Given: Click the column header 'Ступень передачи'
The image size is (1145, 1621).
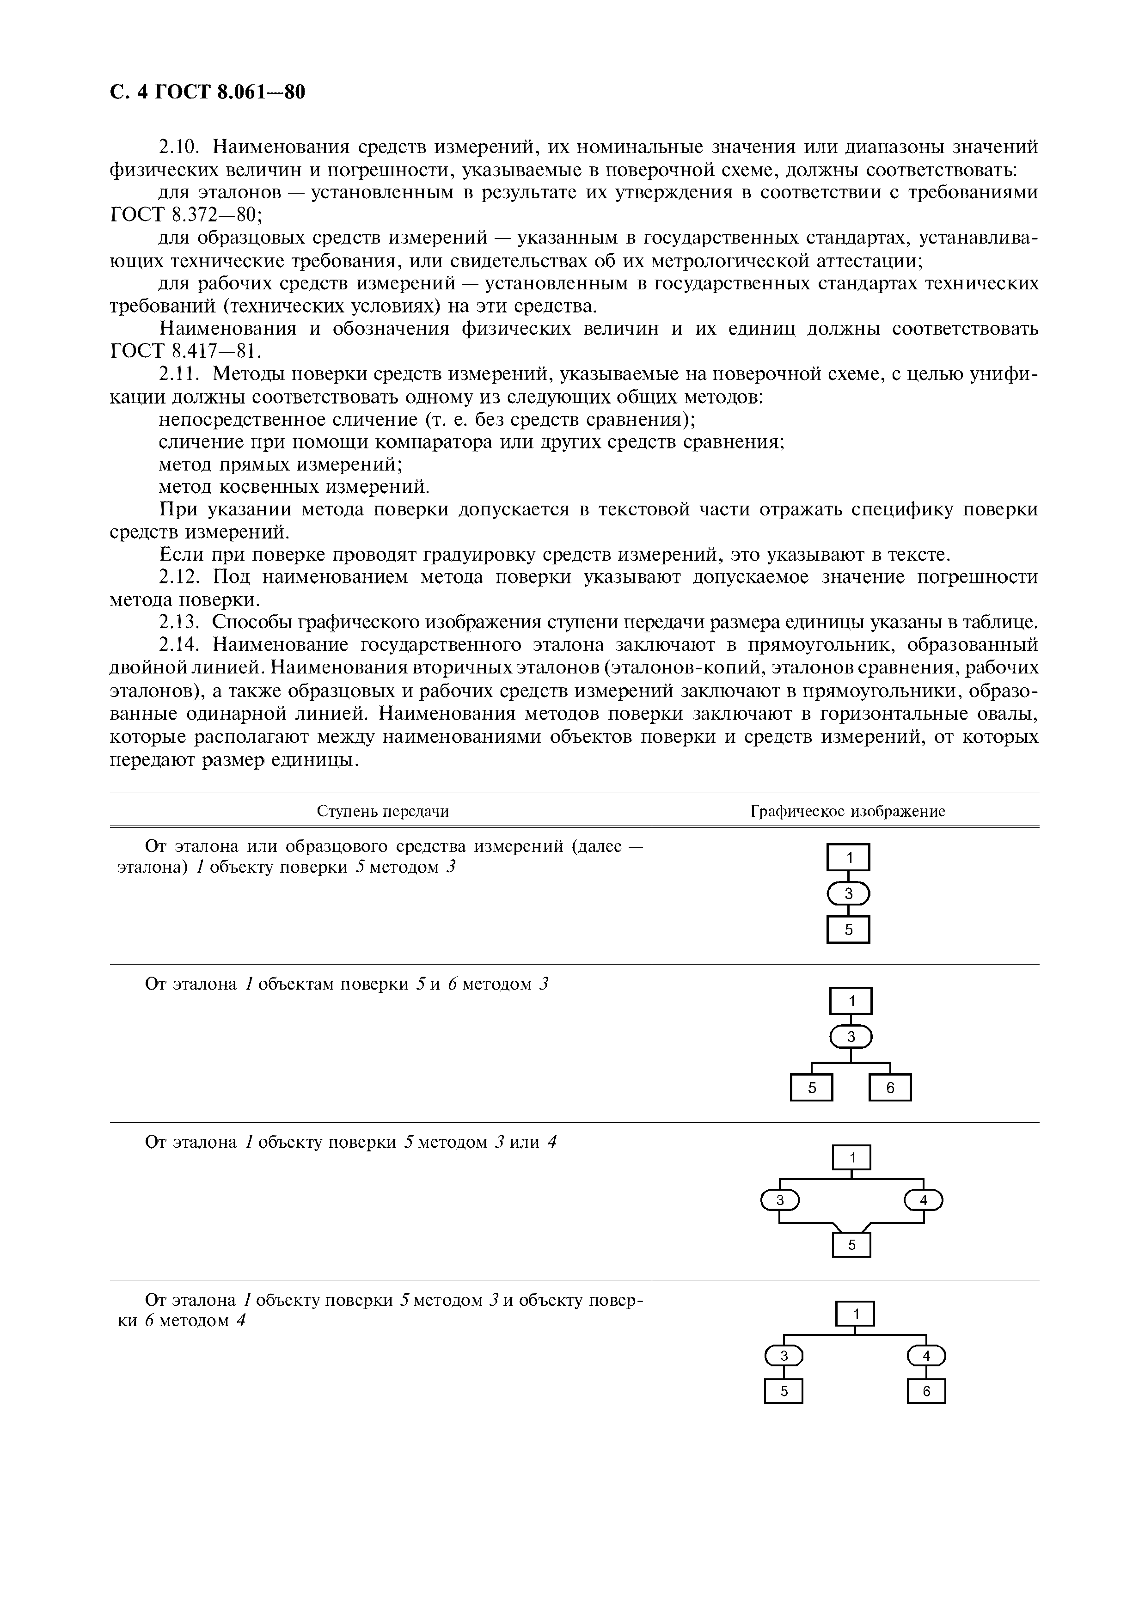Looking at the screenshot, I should (383, 811).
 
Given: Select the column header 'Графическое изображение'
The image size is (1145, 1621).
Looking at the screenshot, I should (847, 811).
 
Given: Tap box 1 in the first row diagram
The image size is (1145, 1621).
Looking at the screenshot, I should (849, 858).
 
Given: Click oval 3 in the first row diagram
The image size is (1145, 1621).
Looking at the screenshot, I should (849, 894).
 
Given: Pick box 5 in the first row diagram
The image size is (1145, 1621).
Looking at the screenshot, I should (849, 930).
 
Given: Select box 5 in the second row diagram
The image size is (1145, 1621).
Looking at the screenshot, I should (812, 1088).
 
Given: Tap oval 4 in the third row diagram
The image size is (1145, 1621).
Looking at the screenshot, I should (924, 1200).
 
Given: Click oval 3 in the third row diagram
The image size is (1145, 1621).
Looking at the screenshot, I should (780, 1200).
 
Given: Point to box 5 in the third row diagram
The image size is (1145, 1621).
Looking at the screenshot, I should (851, 1245).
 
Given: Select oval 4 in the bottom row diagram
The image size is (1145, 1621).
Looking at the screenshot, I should (926, 1356).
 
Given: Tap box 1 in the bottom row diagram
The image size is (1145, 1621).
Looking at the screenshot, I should (856, 1314).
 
